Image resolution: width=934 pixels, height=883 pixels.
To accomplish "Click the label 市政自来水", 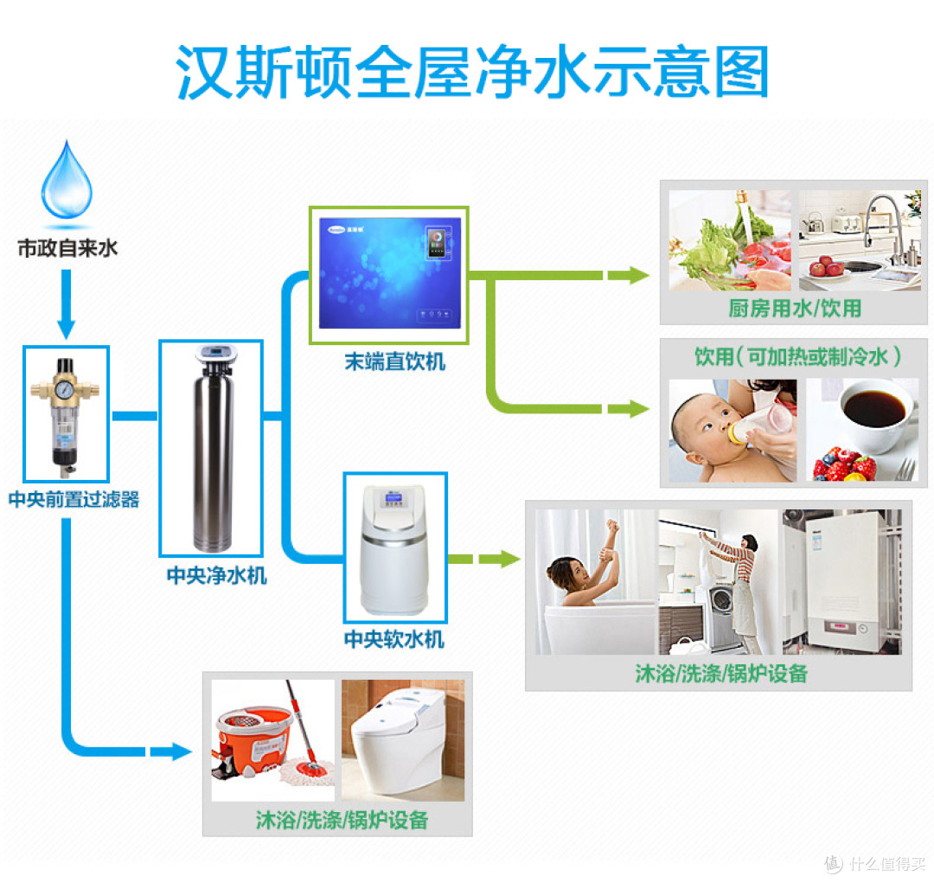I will click(67, 249).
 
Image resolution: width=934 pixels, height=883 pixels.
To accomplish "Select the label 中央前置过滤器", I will click(74, 500).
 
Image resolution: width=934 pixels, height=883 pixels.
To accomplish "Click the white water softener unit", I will click(394, 547).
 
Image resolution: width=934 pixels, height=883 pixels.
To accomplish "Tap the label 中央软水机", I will click(394, 640).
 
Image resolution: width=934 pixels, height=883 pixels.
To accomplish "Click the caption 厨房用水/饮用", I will click(795, 308).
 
